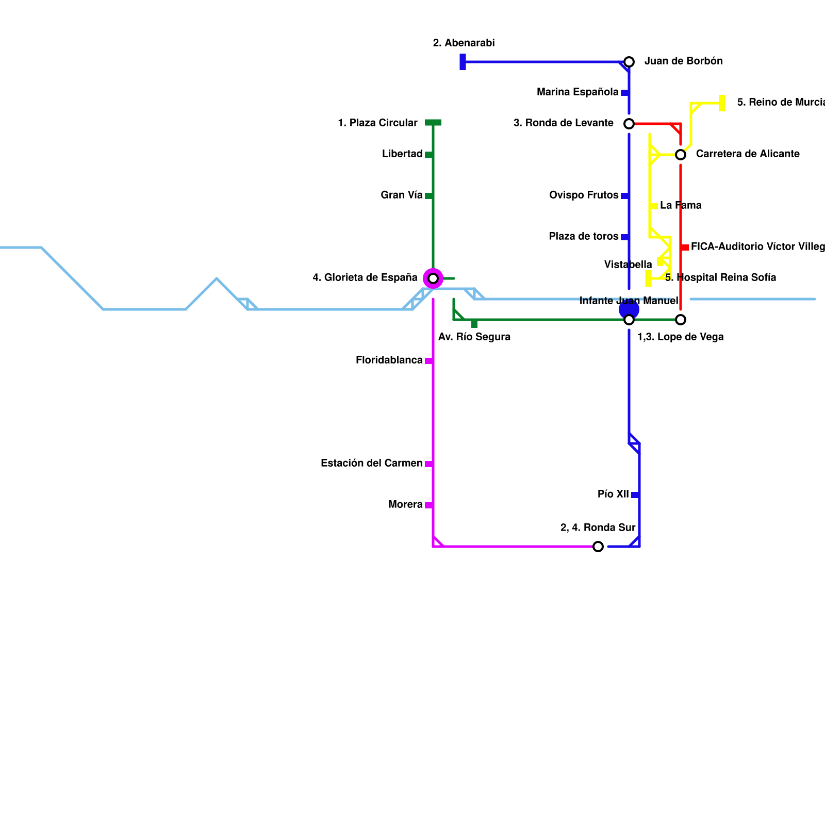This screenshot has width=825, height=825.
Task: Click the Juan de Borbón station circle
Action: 629,62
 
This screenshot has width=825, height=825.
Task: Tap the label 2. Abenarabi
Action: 464,43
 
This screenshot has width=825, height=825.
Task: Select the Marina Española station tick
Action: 624,93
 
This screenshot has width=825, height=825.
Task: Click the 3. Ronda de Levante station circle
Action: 629,124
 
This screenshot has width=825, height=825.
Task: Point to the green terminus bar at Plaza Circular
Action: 433,123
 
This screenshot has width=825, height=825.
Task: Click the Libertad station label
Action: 402,154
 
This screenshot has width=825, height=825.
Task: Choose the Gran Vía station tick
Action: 428,196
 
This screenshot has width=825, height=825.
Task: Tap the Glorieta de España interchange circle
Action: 433,278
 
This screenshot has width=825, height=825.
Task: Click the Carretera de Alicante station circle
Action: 681,155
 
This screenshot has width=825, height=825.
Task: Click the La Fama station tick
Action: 654,206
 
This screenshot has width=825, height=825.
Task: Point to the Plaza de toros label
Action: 584,236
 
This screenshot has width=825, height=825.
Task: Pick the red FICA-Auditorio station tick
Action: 685,247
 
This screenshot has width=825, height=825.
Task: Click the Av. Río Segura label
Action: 474,337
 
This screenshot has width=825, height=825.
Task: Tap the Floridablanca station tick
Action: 428,361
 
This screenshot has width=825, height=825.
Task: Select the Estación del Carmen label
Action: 371,463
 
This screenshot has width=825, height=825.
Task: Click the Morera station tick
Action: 428,505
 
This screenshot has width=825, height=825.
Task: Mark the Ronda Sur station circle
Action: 598,547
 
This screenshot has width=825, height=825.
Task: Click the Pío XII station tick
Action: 635,495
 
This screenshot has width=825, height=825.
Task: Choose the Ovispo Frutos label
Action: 584,195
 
